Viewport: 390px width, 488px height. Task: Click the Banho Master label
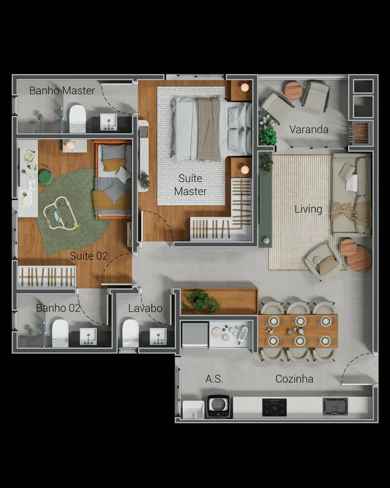point(62,91)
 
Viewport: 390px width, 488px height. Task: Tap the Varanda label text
point(309,129)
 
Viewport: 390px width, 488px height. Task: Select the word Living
point(308,209)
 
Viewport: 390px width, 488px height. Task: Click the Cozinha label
point(294,379)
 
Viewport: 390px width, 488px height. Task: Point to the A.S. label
point(214,379)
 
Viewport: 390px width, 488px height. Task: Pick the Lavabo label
point(145,308)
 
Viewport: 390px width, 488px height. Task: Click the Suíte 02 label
point(89,256)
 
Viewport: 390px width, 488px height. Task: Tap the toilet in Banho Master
point(78,119)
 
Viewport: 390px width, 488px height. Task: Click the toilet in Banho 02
point(60,333)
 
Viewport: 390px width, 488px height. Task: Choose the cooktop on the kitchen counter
point(274,407)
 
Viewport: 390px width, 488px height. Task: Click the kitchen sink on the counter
point(335,407)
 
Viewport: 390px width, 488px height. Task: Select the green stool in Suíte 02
point(45,177)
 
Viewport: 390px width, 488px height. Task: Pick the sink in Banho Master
point(109,122)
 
